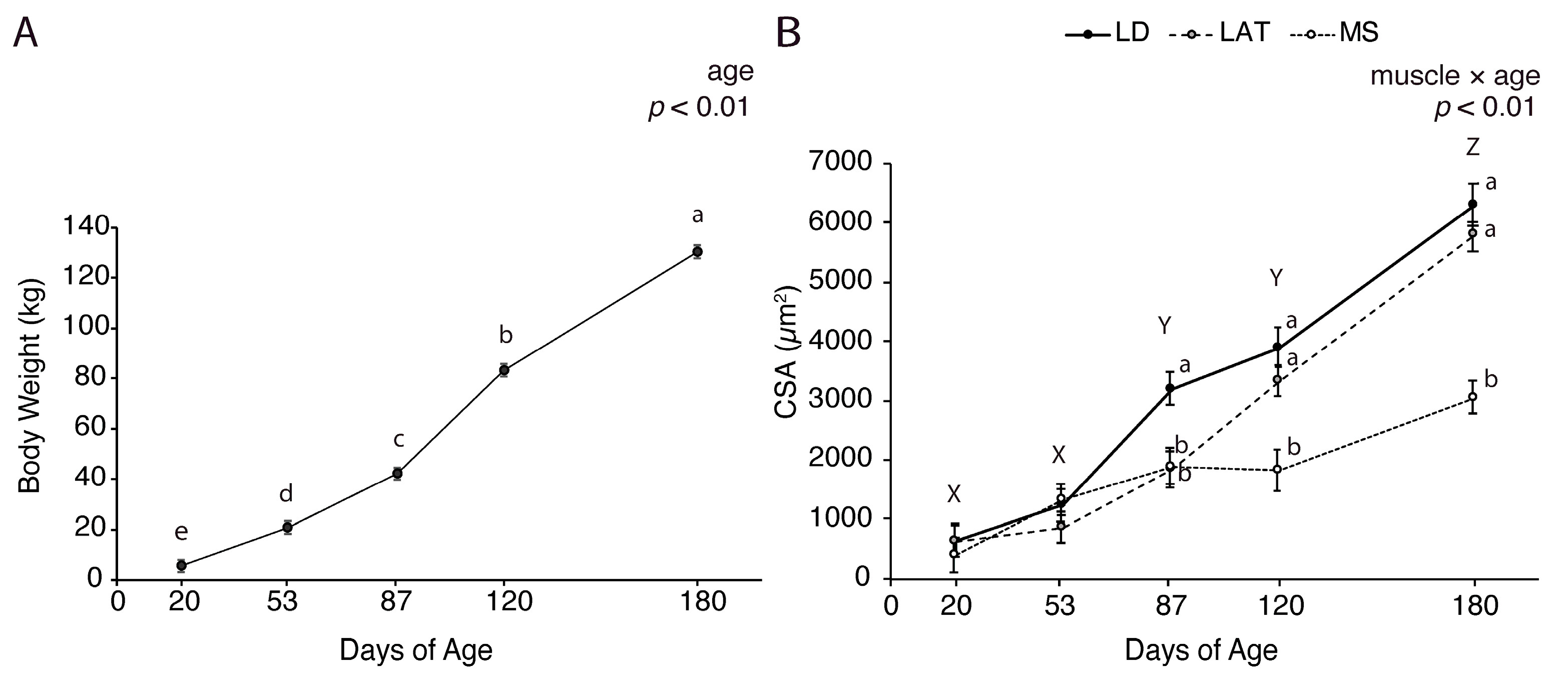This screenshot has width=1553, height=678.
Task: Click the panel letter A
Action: [26, 33]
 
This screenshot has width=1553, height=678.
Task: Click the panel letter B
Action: [789, 33]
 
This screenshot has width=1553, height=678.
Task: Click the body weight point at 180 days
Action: [698, 251]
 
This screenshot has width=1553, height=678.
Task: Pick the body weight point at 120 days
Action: [504, 371]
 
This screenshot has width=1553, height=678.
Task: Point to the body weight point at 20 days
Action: [181, 565]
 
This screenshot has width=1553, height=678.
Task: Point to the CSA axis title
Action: [787, 353]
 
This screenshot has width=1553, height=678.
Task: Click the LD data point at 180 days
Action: [1472, 204]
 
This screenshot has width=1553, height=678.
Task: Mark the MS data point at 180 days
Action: [1472, 396]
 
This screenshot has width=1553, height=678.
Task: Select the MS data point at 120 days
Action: [1277, 469]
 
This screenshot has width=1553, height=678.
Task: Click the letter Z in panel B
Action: [1472, 147]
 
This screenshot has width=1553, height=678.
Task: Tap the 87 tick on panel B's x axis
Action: [1170, 605]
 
